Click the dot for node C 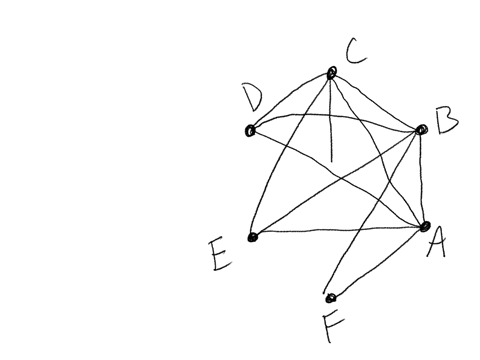click(x=331, y=72)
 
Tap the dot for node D click(x=250, y=131)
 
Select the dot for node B click(x=421, y=130)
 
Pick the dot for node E click(x=252, y=237)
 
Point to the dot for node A click(x=425, y=227)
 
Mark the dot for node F click(x=330, y=298)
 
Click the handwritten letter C click(x=356, y=50)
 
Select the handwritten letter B click(x=446, y=124)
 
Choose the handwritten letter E click(x=221, y=255)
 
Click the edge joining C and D click(x=290, y=101)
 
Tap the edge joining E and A click(x=340, y=231)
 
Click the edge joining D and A click(x=340, y=181)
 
